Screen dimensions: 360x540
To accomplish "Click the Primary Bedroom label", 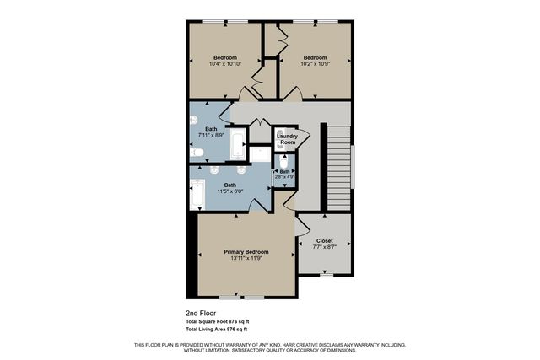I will (x=246, y=252).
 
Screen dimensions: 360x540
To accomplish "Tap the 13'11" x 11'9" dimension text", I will (x=246, y=259).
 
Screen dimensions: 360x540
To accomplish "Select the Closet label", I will (x=325, y=240).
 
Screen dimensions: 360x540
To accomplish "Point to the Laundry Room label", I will (x=288, y=139).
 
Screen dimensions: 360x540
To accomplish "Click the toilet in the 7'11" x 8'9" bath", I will (x=196, y=153).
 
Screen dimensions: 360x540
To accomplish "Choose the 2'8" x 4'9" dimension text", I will (x=284, y=176).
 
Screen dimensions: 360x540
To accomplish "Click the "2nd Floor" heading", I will (x=202, y=313).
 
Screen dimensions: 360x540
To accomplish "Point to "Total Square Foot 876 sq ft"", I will (x=218, y=322).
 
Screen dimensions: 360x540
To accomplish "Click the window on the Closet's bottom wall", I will (x=326, y=275).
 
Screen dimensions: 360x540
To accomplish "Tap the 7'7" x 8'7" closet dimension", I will (x=325, y=247).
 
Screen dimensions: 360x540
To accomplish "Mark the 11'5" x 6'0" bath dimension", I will (x=229, y=191).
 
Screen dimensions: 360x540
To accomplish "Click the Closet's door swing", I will (x=300, y=226).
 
